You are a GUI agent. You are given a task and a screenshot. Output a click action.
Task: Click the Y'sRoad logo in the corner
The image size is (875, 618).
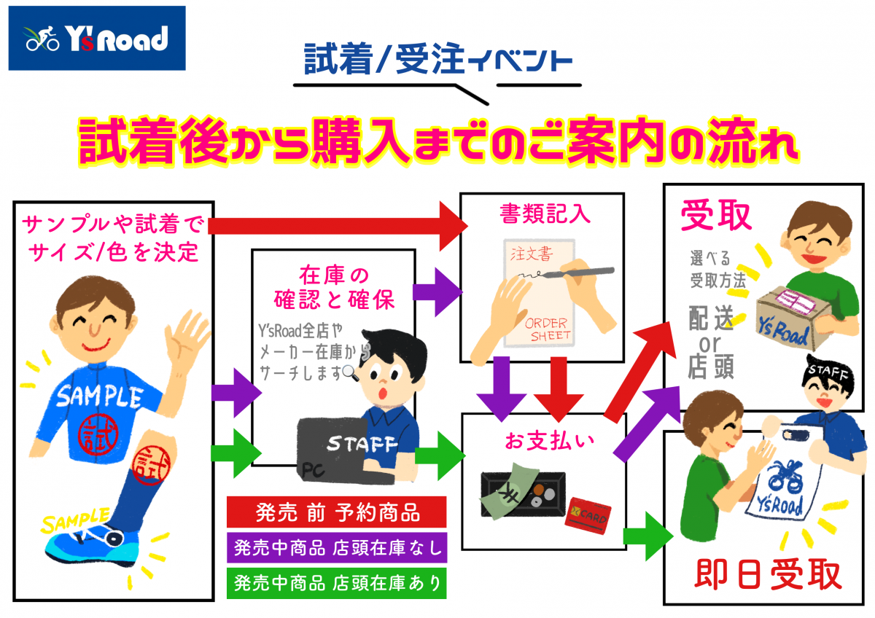pyautogui.click(x=97, y=39)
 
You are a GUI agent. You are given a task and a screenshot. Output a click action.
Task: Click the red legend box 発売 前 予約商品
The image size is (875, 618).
pyautogui.click(x=337, y=512)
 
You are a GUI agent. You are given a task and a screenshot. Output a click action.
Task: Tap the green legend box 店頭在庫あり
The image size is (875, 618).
pyautogui.click(x=337, y=582)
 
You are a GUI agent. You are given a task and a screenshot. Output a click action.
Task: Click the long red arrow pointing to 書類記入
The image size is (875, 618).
pyautogui.click(x=335, y=225)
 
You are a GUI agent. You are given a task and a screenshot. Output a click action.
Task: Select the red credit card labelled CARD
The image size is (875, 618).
pyautogui.click(x=588, y=512)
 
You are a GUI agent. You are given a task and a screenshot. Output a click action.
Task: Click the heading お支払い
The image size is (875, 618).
pyautogui.click(x=540, y=440)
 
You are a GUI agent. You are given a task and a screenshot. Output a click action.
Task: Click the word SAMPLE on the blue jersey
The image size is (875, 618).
pyautogui.click(x=99, y=396)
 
